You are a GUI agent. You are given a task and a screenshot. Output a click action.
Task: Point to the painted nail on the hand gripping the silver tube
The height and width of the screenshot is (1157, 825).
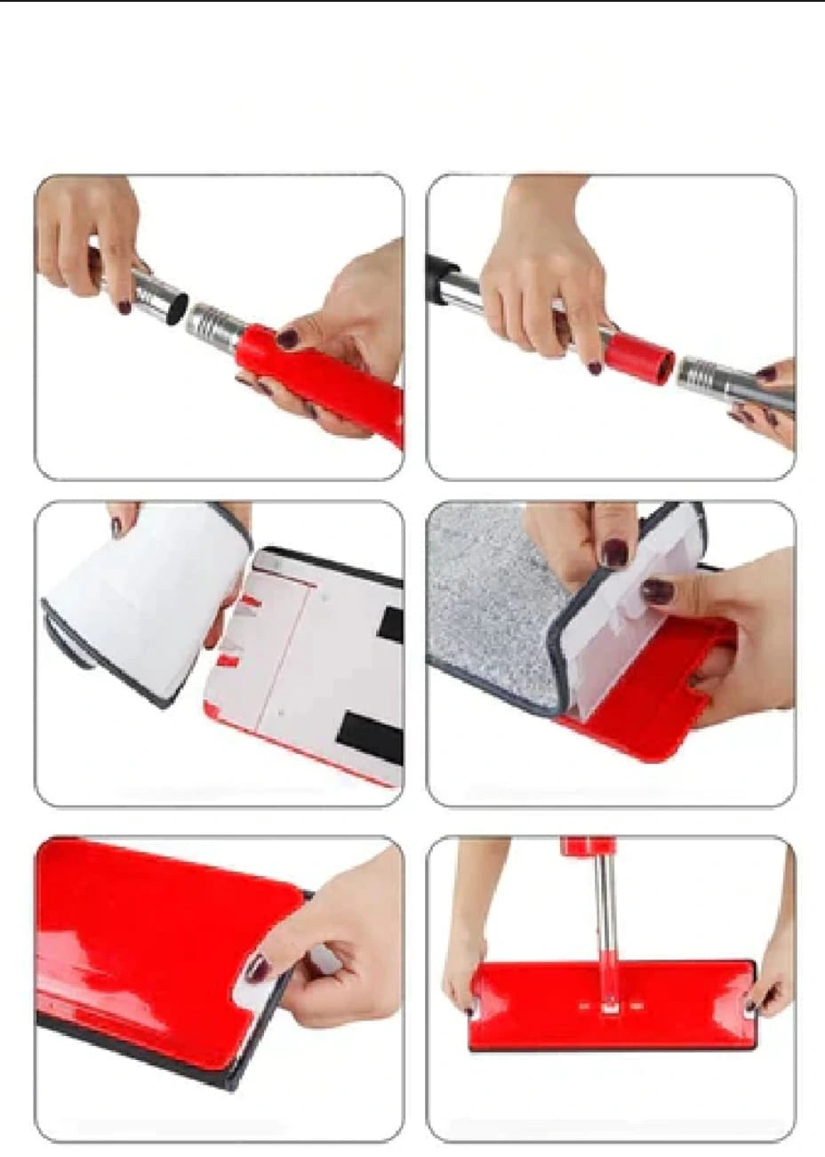click(x=124, y=308)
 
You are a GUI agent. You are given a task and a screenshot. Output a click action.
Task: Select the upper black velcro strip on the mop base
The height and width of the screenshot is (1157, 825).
click(x=390, y=624)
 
